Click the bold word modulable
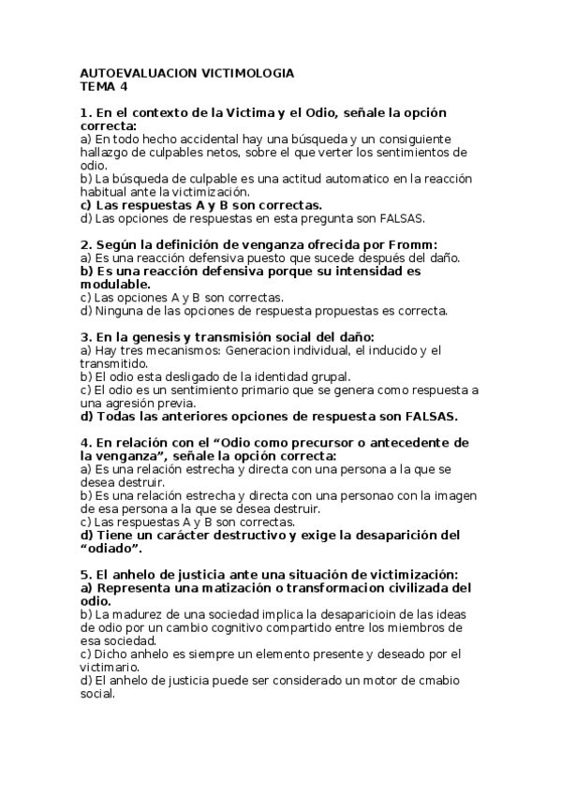coord(114,284)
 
